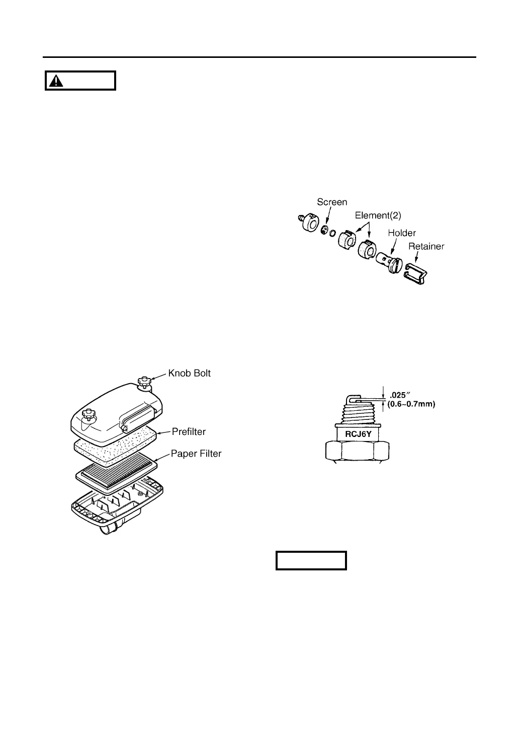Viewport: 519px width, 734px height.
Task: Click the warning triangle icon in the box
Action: click(56, 81)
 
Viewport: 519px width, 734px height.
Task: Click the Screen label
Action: click(331, 202)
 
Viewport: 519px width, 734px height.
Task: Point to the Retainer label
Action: click(426, 247)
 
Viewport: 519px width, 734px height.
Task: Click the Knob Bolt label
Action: click(189, 373)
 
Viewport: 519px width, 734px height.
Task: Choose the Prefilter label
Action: click(189, 431)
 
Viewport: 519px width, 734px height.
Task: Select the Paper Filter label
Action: click(196, 454)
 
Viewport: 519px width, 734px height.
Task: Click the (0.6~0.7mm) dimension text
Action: click(411, 404)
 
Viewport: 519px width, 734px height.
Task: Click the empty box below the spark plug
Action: click(311, 560)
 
